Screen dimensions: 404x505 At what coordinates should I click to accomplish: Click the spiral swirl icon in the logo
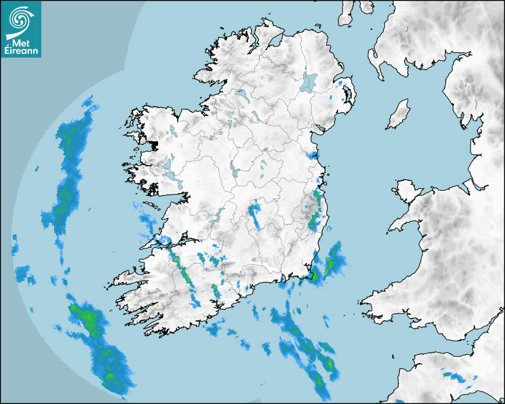pyautogui.click(x=20, y=19)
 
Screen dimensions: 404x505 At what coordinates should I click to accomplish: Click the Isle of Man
pyautogui.click(x=399, y=115)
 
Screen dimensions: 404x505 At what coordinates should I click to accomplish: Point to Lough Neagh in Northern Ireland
pyautogui.click(x=309, y=81)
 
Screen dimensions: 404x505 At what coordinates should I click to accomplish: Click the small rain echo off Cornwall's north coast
pyautogui.click(x=454, y=376)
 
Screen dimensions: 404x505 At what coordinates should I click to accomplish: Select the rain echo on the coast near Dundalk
pyautogui.click(x=312, y=155)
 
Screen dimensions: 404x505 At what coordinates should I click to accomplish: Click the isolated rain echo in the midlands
pyautogui.click(x=256, y=215)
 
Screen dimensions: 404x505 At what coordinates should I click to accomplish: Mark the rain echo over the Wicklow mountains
pyautogui.click(x=315, y=214)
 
